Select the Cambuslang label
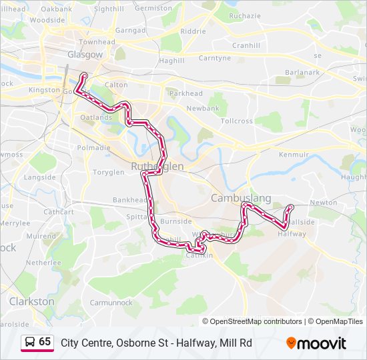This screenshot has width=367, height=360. [x=241, y=198]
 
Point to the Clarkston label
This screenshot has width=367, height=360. [x=31, y=301]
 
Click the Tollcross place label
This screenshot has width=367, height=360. [x=237, y=121]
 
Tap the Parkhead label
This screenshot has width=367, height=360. [x=186, y=94]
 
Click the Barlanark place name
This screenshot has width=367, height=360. [x=302, y=73]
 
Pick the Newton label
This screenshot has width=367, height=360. [x=324, y=203]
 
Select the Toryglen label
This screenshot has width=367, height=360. [x=108, y=172]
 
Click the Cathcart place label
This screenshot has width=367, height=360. [x=59, y=212]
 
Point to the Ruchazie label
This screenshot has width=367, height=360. [x=245, y=15]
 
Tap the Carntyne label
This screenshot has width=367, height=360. [x=214, y=58]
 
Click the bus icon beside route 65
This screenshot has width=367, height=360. [x=30, y=342]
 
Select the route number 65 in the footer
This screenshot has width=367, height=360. [x=45, y=342]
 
